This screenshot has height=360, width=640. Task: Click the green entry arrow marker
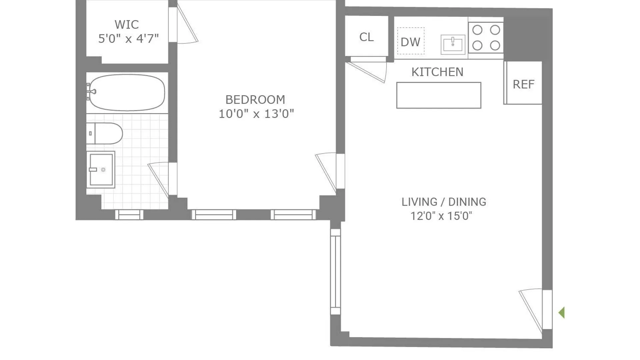pyautogui.click(x=562, y=313)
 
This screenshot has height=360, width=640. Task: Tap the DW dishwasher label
pyautogui.click(x=410, y=42)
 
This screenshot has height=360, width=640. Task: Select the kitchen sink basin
pyautogui.click(x=453, y=44)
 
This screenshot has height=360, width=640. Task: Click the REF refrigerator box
pyautogui.click(x=523, y=83)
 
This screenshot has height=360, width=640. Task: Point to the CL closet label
pyautogui.click(x=366, y=37)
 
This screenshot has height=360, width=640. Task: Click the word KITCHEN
pyautogui.click(x=437, y=72)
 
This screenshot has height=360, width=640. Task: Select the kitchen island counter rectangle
pyautogui.click(x=439, y=95)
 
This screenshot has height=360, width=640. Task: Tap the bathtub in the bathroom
pyautogui.click(x=127, y=92)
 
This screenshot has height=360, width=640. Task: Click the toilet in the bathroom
pyautogui.click(x=104, y=133)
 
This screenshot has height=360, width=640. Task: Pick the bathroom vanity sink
pyautogui.click(x=101, y=170)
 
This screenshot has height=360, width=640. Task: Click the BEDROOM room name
pyautogui.click(x=255, y=100)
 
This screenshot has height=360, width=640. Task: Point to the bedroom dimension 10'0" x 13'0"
pyautogui.click(x=256, y=114)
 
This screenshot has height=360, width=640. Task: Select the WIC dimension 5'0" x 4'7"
pyautogui.click(x=128, y=39)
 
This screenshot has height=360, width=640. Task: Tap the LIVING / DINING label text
pyautogui.click(x=444, y=202)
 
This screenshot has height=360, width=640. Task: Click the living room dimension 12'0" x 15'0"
pyautogui.click(x=441, y=216)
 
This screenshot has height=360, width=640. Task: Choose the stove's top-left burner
pyautogui.click(x=477, y=30)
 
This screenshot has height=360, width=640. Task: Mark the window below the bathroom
pyautogui.click(x=129, y=215)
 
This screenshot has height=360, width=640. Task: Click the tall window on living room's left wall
pyautogui.click(x=335, y=272)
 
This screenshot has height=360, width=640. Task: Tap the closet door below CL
pyautogui.click(x=367, y=69)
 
